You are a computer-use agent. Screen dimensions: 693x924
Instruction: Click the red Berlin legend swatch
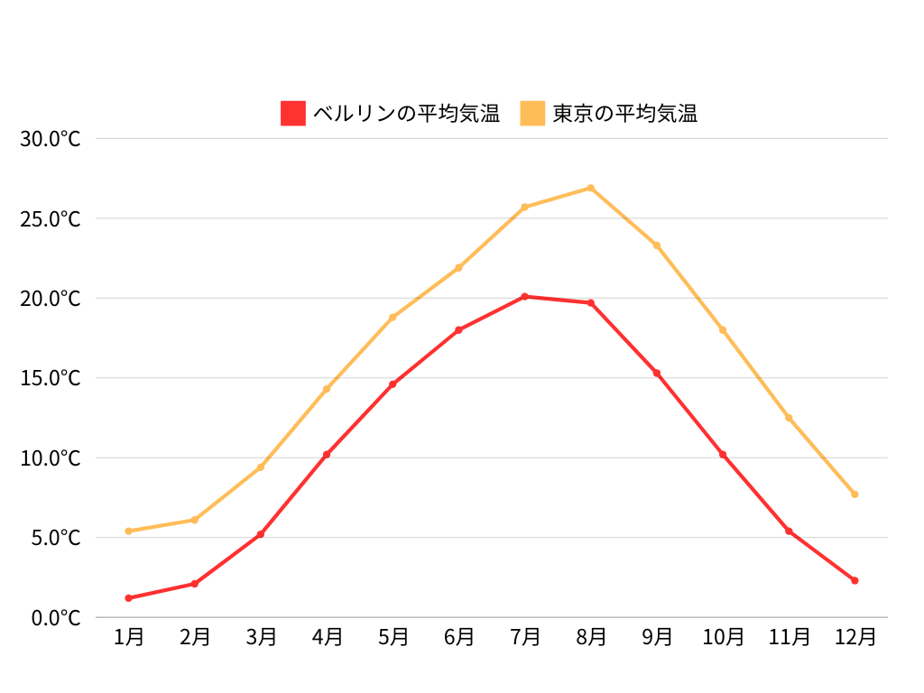[x=293, y=114]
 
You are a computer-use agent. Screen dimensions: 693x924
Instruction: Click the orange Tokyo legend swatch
[x=533, y=114]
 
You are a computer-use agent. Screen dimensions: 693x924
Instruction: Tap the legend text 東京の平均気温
[x=624, y=114]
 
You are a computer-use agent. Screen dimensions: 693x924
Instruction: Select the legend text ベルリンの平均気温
[x=406, y=114]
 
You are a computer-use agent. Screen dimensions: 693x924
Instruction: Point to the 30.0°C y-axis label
[x=51, y=139]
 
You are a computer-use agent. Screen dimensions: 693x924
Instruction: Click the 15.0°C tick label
[x=51, y=378]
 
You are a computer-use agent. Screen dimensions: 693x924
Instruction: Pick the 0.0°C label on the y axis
[x=55, y=618]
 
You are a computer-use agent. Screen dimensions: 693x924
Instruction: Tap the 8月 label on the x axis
[x=591, y=637]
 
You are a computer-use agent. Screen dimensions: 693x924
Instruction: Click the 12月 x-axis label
[x=855, y=637]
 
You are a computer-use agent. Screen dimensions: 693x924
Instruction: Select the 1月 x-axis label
[x=129, y=637]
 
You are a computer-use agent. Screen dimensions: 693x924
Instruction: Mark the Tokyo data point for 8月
[x=591, y=188]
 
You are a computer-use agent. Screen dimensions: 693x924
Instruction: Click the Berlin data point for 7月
[x=525, y=297]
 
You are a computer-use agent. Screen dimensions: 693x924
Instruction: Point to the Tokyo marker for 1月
[x=129, y=531]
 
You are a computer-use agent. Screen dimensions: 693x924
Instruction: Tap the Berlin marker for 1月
[x=129, y=598]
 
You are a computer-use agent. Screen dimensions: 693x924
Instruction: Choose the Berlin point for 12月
[x=855, y=580]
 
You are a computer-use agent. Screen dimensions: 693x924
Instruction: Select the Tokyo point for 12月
[x=855, y=494]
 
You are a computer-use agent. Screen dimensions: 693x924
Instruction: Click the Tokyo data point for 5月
[x=393, y=318]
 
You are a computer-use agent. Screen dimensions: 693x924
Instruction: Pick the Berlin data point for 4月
[x=327, y=454]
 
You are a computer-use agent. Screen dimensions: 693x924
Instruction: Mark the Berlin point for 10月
[x=723, y=454]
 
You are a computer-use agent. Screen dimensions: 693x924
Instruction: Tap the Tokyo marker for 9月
[x=657, y=245]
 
